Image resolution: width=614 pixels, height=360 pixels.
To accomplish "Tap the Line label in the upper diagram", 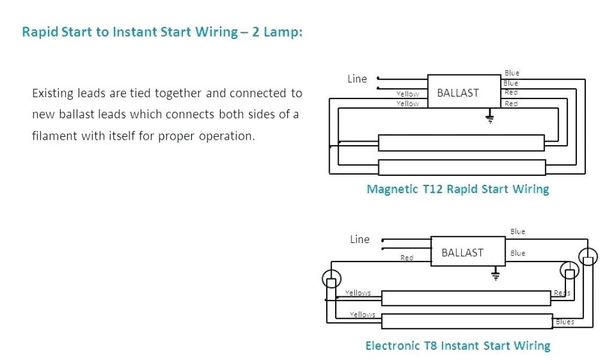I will pyautogui.click(x=357, y=79).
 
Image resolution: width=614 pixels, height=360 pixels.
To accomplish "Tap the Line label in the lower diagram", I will pyautogui.click(x=360, y=239).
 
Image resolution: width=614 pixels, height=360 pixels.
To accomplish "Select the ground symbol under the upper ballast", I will pyautogui.click(x=490, y=116).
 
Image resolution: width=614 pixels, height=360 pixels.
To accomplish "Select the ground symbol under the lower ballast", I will pyautogui.click(x=495, y=275).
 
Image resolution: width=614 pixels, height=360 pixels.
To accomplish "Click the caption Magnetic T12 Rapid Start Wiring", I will pyautogui.click(x=458, y=190).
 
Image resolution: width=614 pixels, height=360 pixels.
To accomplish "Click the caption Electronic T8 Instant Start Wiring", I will pyautogui.click(x=458, y=346).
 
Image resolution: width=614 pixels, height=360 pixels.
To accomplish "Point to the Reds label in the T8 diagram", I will pyautogui.click(x=562, y=293).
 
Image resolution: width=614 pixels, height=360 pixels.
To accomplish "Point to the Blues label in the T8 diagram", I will pyautogui.click(x=565, y=322).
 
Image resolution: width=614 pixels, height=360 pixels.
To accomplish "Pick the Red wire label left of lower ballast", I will pyautogui.click(x=407, y=258).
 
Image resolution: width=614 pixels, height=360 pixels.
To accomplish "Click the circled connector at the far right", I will pyautogui.click(x=589, y=259).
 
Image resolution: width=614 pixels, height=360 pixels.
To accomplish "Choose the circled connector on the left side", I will pyautogui.click(x=331, y=279).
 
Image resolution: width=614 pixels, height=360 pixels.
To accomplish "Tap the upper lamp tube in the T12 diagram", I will pyautogui.click(x=461, y=143).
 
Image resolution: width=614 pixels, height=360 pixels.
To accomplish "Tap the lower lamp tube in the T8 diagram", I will pyautogui.click(x=466, y=322).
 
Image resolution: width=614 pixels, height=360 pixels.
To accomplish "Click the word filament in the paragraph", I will pyautogui.click(x=52, y=136).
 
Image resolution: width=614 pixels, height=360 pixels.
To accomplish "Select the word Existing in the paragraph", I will pyautogui.click(x=53, y=94).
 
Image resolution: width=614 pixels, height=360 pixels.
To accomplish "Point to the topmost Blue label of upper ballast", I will pyautogui.click(x=512, y=73).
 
